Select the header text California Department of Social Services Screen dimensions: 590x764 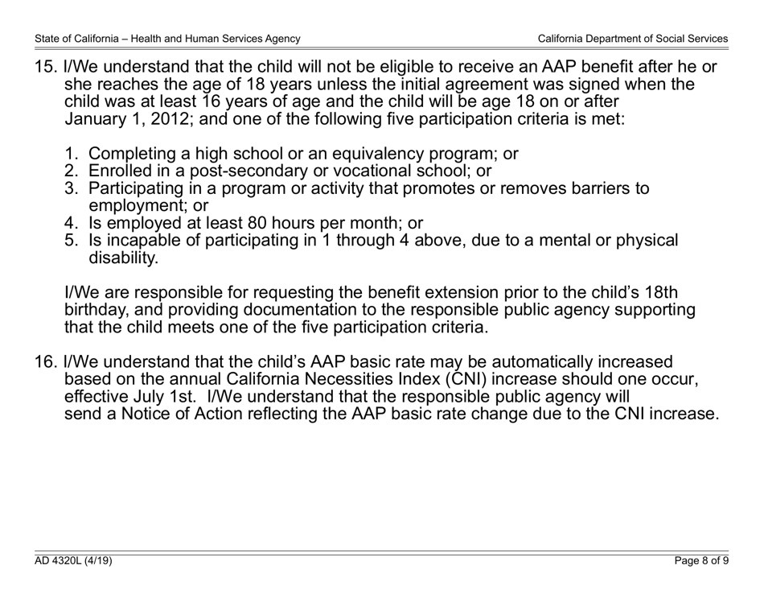633,39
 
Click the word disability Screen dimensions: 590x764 123,258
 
